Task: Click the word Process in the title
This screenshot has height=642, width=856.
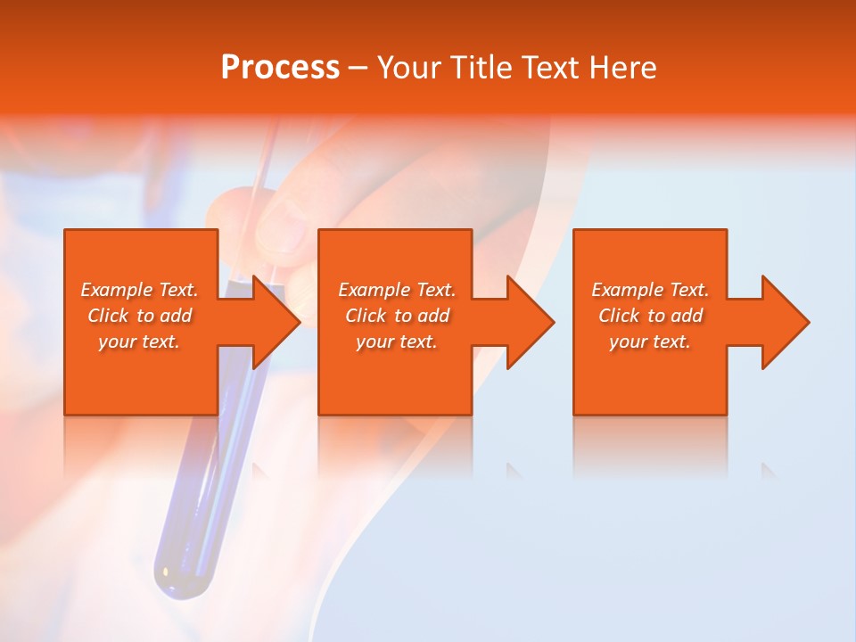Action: point(280,68)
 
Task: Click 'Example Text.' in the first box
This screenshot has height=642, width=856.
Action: point(140,290)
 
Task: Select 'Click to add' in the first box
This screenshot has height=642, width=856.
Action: point(140,316)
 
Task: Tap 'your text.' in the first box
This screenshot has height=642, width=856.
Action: point(140,342)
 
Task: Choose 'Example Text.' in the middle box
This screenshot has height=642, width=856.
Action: point(397,290)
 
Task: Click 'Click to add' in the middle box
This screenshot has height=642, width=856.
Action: point(397,316)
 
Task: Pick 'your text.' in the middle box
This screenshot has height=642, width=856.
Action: point(397,342)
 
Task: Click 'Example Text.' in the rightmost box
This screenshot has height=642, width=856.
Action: point(650,290)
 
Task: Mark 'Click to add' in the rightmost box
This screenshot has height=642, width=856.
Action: point(650,316)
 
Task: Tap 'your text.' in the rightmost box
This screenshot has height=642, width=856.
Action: point(650,342)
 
